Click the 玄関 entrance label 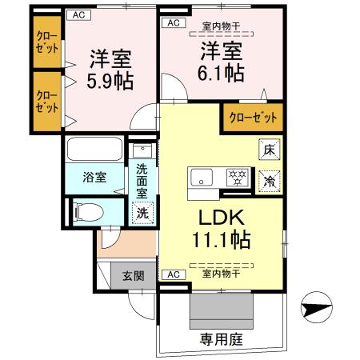(133, 277)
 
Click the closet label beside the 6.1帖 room (253, 118)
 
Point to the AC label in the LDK (170, 274)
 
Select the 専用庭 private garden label (221, 339)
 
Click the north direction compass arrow (315, 307)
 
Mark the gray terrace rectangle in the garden (222, 307)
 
